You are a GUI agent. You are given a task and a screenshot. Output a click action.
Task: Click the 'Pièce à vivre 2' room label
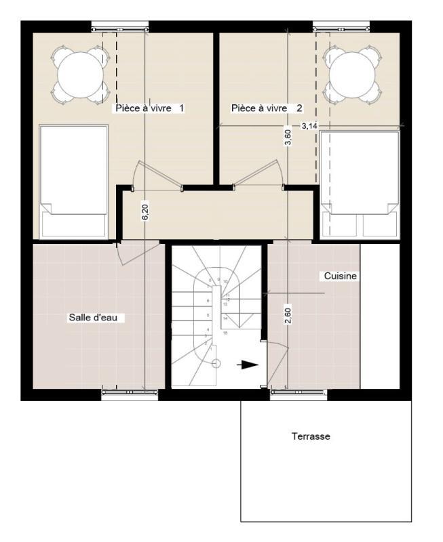pos(267,108)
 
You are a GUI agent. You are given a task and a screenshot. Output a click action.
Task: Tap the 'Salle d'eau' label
pos(96,317)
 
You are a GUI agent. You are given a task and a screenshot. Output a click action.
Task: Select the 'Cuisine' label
pos(340,276)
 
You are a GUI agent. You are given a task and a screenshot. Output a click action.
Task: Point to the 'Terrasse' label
pos(311,436)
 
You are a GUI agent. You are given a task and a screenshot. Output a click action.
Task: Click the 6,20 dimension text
pos(145,211)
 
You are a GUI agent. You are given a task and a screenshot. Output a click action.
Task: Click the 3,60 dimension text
pos(288,138)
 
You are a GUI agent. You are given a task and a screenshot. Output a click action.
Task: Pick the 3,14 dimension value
pos(309,126)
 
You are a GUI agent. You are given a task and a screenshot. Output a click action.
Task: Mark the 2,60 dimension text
pos(288,316)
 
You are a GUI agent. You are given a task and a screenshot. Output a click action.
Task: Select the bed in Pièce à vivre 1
pos(74,180)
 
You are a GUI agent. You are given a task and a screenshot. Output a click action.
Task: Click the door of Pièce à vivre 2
pos(261,174)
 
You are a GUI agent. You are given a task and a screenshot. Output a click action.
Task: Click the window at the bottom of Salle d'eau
pos(130,392)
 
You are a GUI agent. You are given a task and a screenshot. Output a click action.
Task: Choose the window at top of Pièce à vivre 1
pos(119,28)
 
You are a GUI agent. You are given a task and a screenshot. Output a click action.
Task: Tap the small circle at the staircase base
pos(216,364)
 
